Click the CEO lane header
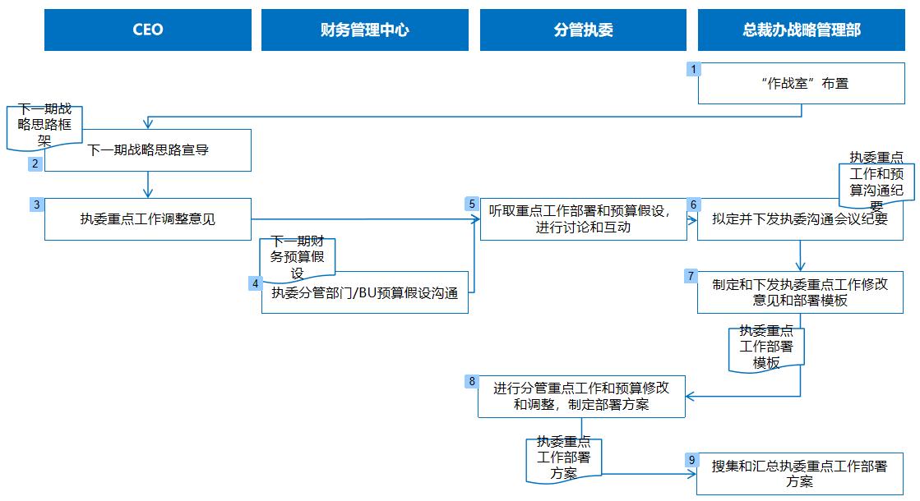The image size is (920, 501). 148,30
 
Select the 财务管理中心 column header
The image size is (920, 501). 365,30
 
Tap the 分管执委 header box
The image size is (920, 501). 583,30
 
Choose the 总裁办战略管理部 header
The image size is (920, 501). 802,30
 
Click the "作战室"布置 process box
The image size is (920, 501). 802,84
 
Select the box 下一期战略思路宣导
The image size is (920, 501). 148,151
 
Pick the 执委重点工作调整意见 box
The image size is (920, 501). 148,219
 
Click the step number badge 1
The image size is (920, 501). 694,70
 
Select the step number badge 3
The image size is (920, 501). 36,205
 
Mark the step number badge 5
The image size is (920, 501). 472,205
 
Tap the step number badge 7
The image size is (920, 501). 691,276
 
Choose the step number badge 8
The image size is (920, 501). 471,381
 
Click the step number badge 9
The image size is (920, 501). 691,460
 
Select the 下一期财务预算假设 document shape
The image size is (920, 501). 298,260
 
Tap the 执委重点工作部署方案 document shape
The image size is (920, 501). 563,457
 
